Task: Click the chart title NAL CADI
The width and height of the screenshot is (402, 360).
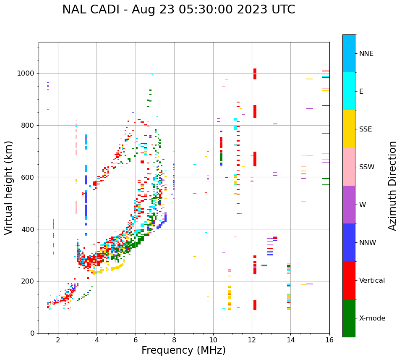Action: (178, 10)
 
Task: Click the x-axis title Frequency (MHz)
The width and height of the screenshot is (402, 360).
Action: (183, 350)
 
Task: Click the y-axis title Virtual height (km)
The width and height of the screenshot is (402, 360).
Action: (9, 187)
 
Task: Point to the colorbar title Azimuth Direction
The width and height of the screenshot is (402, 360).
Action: (392, 186)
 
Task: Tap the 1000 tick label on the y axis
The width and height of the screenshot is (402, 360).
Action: (26, 73)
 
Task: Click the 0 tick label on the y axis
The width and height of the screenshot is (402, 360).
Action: (33, 333)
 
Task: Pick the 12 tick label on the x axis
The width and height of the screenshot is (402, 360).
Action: (252, 340)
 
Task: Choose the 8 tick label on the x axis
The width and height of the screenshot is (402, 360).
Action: (174, 340)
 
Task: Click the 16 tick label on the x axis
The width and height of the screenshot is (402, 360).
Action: (329, 340)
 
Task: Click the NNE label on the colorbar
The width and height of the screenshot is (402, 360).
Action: (366, 54)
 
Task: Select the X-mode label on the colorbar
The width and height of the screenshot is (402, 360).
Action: (372, 318)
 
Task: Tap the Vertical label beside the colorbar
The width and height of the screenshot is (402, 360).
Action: (372, 281)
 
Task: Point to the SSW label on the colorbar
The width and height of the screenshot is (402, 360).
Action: (367, 167)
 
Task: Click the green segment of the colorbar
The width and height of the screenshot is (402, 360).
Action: (349, 318)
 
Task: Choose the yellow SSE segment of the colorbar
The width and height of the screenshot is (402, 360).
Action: (349, 129)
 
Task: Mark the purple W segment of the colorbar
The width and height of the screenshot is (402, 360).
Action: (349, 205)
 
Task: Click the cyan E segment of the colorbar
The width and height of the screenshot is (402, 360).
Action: (349, 91)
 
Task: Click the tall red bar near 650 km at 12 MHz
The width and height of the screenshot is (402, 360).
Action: (255, 159)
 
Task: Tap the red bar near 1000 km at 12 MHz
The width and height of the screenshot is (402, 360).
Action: (255, 74)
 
